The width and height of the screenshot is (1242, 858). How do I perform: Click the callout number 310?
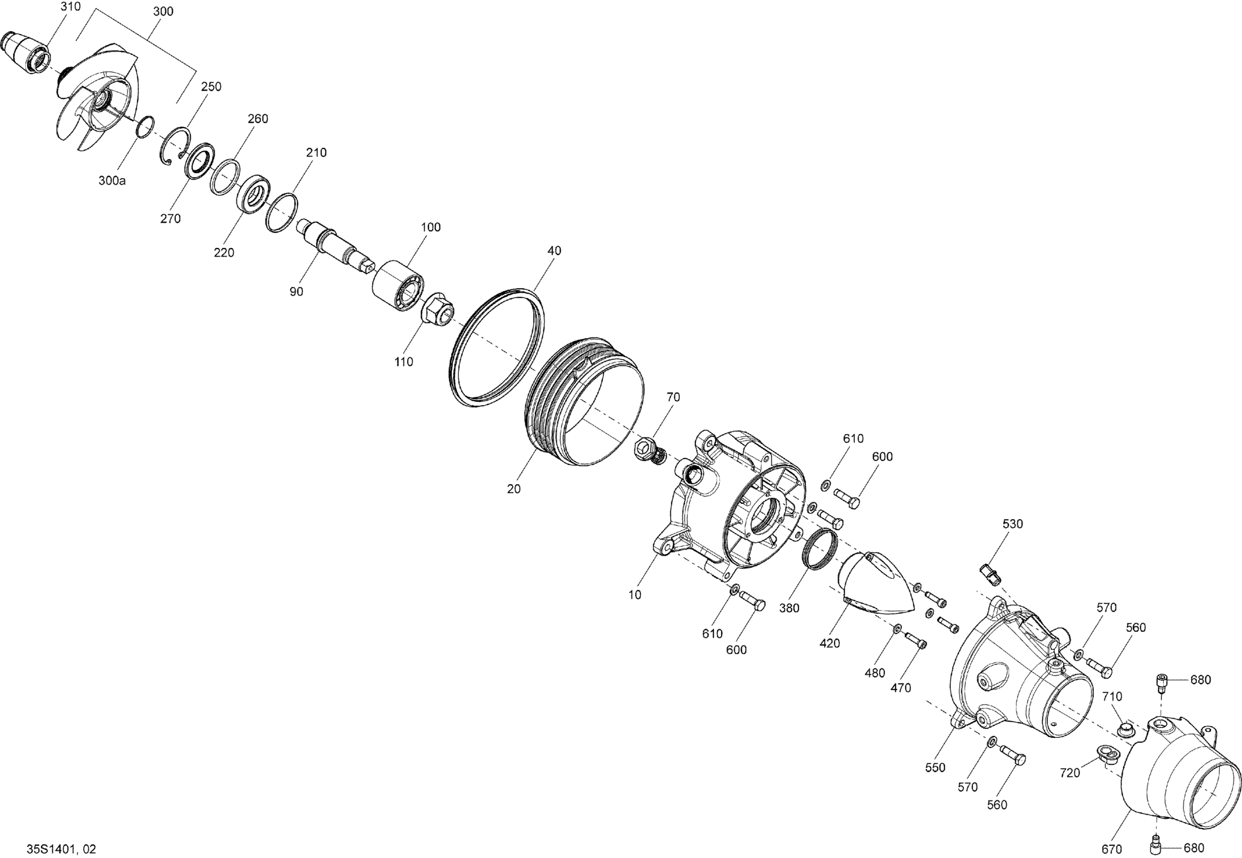pos(71,7)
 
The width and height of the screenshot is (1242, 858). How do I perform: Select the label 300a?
pos(112,181)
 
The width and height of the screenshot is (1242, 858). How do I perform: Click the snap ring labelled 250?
pos(176,145)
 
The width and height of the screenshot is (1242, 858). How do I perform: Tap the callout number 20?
pos(514,489)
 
